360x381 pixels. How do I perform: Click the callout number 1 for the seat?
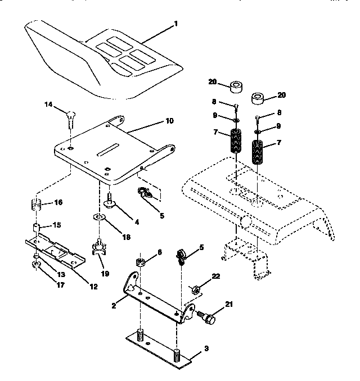click(176, 24)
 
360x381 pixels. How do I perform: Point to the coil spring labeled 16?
click(35, 205)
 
